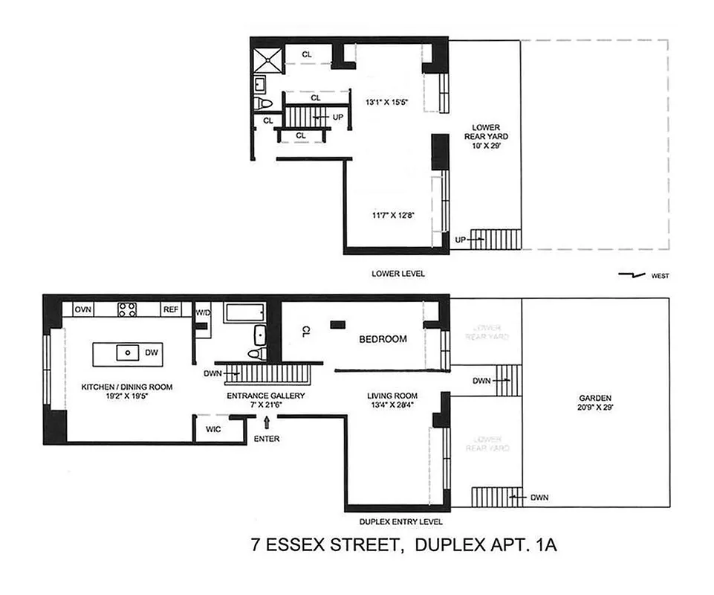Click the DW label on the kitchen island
(x=152, y=353)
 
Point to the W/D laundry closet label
(x=203, y=313)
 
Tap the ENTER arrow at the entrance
(x=266, y=424)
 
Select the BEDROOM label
(x=383, y=339)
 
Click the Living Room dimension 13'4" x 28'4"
(x=392, y=405)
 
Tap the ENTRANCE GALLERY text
(x=265, y=396)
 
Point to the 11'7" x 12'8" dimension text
(x=393, y=216)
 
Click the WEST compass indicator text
(x=659, y=276)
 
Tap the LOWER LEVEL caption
(x=398, y=274)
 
